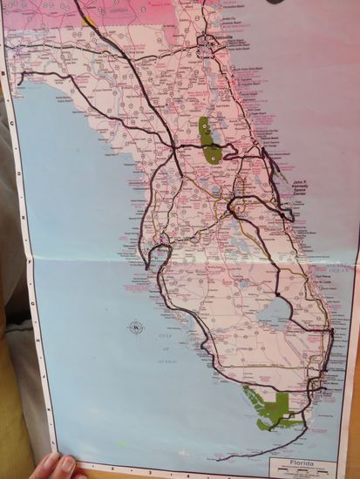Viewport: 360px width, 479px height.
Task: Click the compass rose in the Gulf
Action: coord(136,327)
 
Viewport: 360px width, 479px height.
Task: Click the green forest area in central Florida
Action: coord(208,143)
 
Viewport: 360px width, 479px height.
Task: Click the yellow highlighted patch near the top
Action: coord(88,19)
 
